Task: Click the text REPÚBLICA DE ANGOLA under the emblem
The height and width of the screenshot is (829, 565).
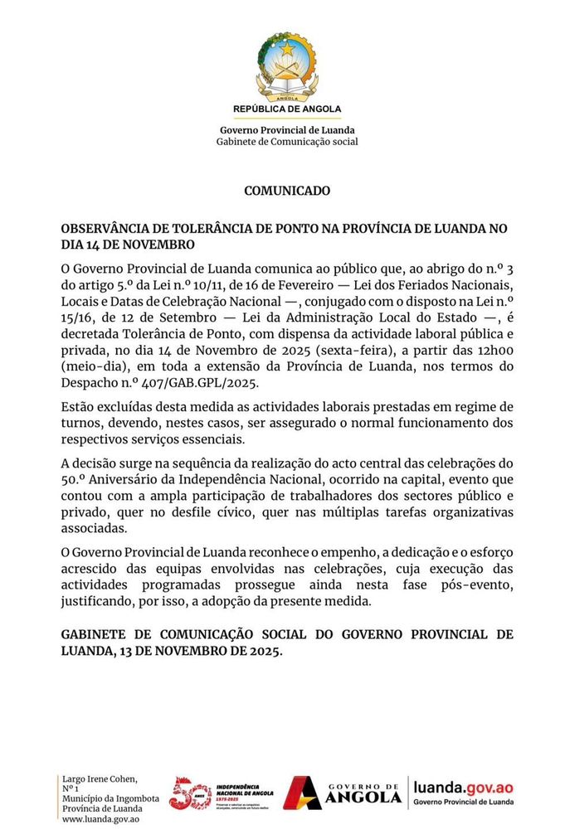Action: click(286, 109)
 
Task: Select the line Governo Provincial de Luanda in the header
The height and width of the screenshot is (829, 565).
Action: click(286, 130)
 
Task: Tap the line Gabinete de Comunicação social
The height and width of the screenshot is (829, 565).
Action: click(286, 142)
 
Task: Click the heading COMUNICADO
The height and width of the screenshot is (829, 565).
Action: click(286, 191)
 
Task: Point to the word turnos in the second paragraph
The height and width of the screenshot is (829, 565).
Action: click(80, 423)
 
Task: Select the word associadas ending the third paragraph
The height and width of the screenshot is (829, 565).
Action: click(95, 529)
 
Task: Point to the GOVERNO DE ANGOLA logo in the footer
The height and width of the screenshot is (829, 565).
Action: click(344, 793)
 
